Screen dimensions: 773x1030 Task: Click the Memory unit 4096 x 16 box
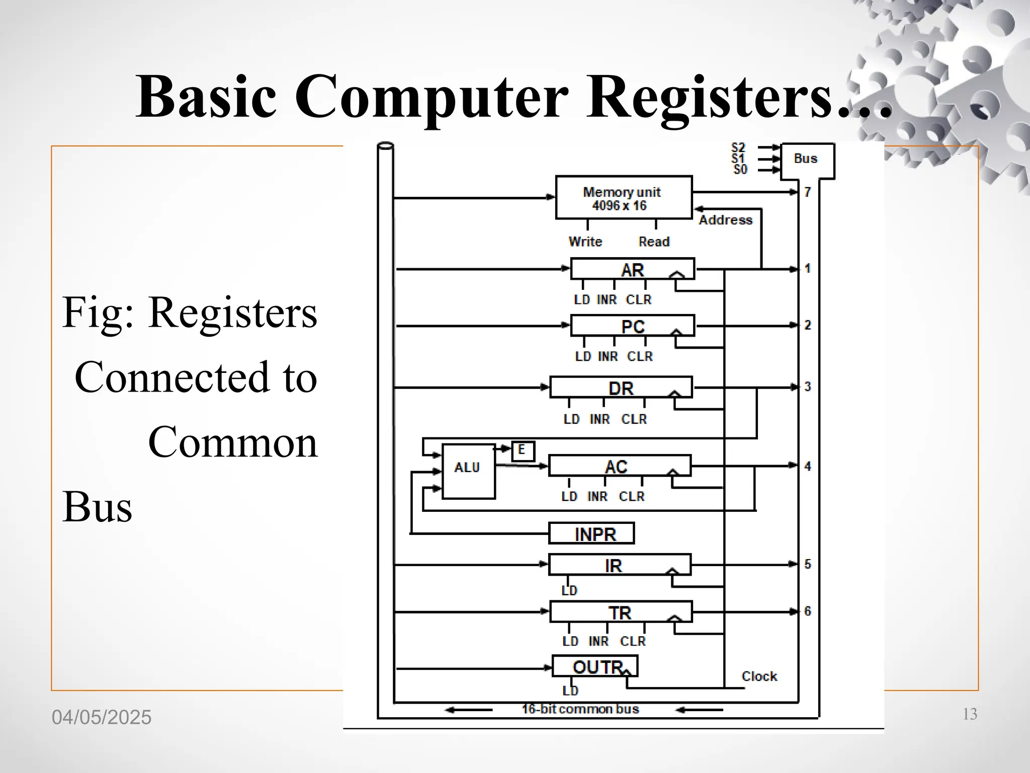624,198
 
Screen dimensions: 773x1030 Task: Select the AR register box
632,269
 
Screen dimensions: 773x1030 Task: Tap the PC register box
632,326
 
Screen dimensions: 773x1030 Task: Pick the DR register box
621,388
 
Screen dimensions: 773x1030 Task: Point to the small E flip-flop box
523,450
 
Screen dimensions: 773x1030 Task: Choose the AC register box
619,466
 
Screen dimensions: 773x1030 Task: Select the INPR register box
591,533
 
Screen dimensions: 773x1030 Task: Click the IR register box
619,565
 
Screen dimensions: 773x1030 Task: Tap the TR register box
620,612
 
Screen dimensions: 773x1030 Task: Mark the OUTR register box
595,666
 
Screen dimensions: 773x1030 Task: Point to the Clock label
759,676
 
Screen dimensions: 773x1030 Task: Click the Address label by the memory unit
725,220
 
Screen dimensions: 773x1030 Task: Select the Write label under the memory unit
585,242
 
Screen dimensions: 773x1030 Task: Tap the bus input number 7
807,192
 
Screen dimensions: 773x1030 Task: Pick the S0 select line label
740,170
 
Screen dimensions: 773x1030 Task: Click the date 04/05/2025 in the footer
102,717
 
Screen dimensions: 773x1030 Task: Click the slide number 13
969,714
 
